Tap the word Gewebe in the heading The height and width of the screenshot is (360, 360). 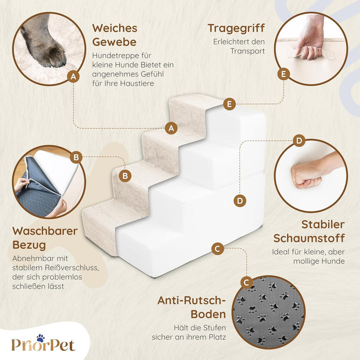114,42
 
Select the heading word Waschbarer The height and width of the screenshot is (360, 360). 45,230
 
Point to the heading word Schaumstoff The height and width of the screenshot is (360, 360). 309,238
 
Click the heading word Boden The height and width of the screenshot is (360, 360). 208,314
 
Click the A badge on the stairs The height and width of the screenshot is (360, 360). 171,128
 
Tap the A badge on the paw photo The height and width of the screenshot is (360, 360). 73,76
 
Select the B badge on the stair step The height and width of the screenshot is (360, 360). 125,176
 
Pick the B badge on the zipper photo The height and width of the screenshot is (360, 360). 76,157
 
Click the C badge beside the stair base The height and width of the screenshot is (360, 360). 217,248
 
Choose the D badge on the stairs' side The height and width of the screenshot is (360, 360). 240,201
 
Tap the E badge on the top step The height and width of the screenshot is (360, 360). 229,104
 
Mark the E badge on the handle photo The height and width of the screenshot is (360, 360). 283,74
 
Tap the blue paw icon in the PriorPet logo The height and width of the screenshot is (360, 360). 40,338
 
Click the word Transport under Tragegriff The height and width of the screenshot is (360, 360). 247,51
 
